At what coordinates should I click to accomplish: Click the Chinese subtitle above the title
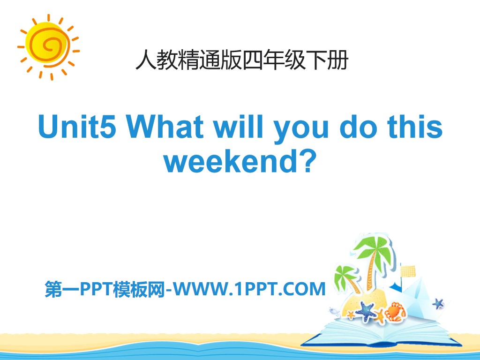[241, 61]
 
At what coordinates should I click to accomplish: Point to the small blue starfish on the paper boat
[438, 303]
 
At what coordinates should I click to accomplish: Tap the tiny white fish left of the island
[334, 310]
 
